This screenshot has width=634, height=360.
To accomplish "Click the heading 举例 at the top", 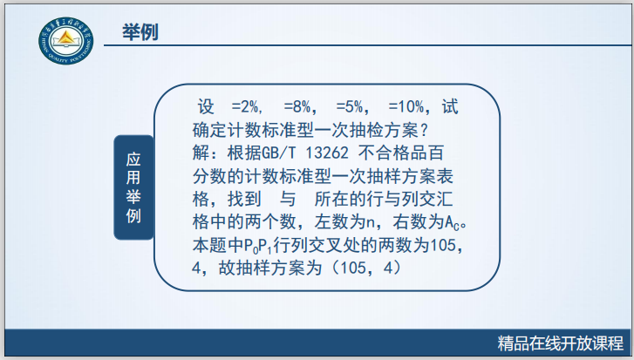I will (141, 32).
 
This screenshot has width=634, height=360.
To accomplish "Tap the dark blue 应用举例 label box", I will (133, 187).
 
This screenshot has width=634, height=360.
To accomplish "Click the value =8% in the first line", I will (297, 109).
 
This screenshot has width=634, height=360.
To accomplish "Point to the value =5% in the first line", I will (349, 109).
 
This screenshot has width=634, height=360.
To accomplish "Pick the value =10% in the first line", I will (406, 109).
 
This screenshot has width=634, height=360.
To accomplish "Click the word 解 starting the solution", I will (201, 153).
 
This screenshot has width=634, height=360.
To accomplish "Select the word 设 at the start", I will (207, 109).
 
